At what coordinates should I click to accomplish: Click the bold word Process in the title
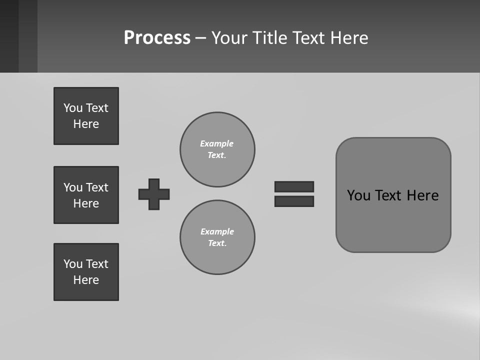pos(157,38)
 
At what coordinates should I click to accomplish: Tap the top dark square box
pos(86,116)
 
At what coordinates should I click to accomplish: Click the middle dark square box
pos(86,195)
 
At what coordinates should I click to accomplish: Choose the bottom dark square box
pos(86,272)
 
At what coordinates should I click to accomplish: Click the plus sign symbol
pos(154,194)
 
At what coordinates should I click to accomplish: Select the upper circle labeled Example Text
pos(217,149)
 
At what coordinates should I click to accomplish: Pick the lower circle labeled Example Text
pos(217,237)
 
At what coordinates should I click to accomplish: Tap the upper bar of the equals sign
pos(294,186)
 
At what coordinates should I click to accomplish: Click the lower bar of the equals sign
pos(294,201)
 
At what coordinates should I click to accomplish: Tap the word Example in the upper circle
pos(216,143)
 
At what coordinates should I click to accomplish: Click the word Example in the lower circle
pos(216,231)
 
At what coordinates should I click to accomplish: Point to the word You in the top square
pos(73,108)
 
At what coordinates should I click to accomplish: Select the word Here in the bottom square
pos(86,280)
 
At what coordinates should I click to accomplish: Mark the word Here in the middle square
pos(86,203)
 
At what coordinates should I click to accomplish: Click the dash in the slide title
pos(200,38)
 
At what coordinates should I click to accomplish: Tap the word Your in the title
pos(229,38)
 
